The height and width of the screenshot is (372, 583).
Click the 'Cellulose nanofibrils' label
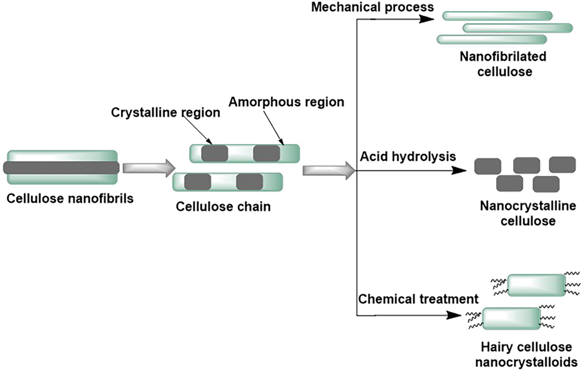click(70, 199)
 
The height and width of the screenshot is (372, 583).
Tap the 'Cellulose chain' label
click(223, 206)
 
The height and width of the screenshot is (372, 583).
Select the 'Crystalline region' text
click(166, 113)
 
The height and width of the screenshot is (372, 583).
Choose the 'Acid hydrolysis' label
click(408, 156)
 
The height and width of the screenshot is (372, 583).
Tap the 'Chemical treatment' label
click(419, 299)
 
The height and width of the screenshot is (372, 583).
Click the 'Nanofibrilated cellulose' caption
click(503, 64)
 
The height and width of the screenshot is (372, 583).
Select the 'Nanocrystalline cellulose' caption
click(528, 213)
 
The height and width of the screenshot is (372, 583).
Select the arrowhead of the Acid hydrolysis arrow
click(459, 171)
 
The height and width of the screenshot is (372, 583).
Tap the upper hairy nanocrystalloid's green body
click(536, 285)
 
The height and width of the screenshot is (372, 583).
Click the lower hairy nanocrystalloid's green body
click(511, 318)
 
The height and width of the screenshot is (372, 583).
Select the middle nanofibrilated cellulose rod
click(518, 28)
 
